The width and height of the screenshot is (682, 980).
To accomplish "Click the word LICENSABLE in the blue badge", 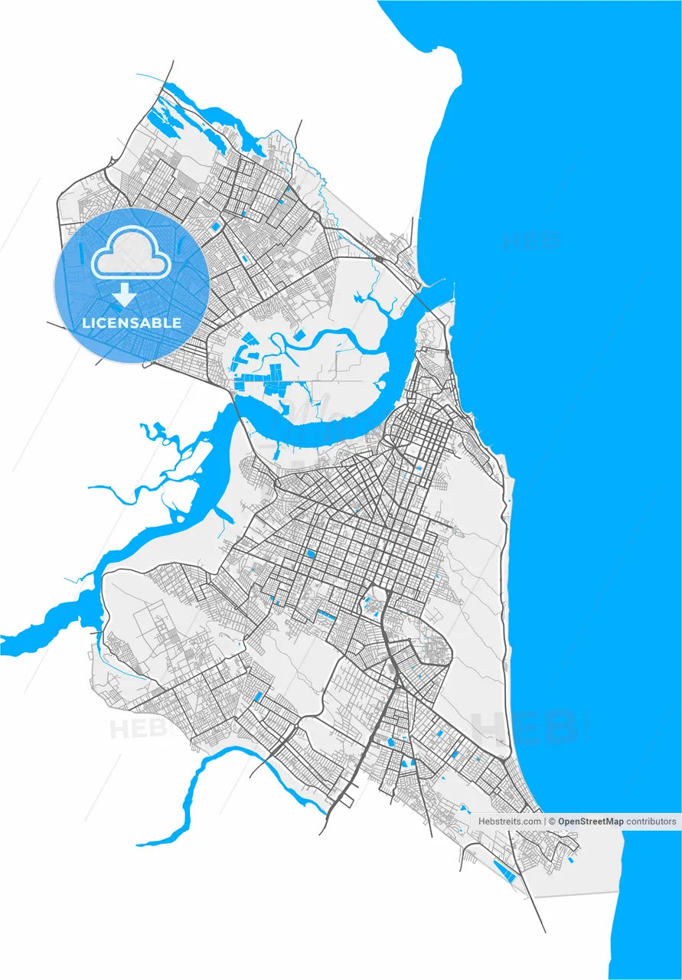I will pos(132,323).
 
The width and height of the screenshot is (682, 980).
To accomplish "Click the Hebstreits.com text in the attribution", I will pos(509,822).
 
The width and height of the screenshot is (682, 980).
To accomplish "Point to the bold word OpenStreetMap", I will pos(591,822).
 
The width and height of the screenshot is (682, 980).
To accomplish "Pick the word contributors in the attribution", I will pos(651,822).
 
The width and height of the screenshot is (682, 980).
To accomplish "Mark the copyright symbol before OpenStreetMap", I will pos(552,822).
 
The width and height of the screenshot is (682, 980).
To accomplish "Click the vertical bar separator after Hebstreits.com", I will pos(544,822).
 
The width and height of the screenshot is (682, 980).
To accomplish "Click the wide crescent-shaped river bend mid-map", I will pos(321,417).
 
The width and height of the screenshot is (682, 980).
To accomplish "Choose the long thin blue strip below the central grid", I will pos(327,615).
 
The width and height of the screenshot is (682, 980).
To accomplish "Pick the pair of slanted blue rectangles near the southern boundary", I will pos(504,871).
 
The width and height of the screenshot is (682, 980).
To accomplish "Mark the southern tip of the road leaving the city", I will pos(544,931).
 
